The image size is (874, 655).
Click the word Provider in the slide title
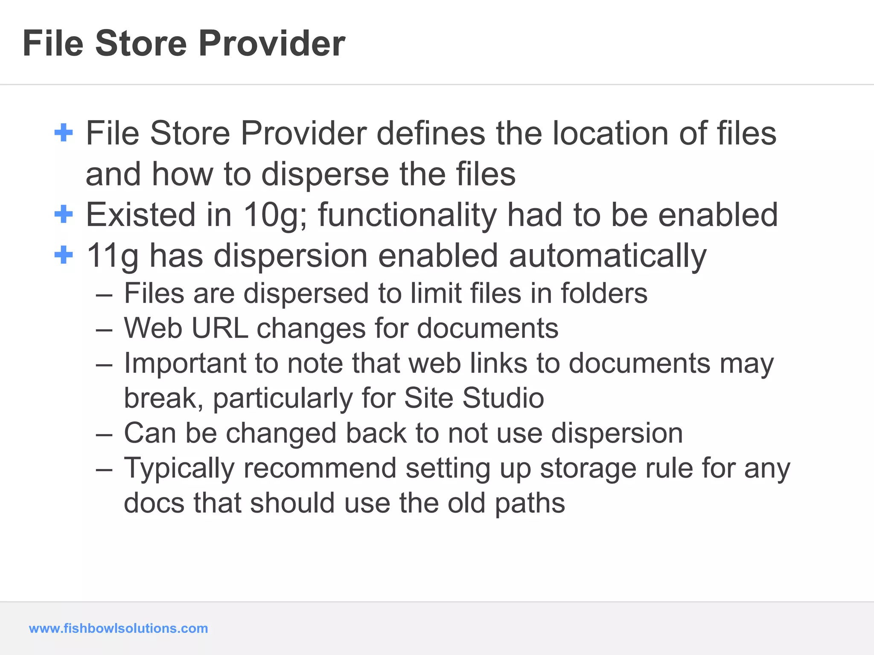pyautogui.click(x=271, y=43)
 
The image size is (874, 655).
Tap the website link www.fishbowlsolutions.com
pyautogui.click(x=118, y=628)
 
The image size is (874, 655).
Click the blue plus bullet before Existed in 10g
pyautogui.click(x=64, y=214)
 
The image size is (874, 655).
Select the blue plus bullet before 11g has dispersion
pyautogui.click(x=64, y=255)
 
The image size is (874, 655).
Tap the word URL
pyautogui.click(x=220, y=328)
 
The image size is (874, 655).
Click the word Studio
pyautogui.click(x=503, y=398)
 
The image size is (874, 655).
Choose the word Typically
pyautogui.click(x=179, y=468)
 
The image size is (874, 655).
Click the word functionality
pyautogui.click(x=407, y=215)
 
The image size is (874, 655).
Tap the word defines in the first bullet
pyautogui.click(x=431, y=133)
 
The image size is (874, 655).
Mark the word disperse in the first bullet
pyautogui.click(x=325, y=174)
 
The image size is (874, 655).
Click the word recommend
pyautogui.click(x=320, y=468)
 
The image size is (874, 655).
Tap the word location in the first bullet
pyautogui.click(x=610, y=133)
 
